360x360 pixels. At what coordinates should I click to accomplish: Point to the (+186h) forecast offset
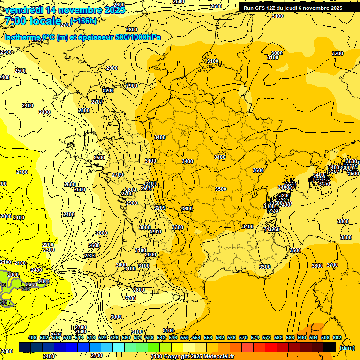(83, 21)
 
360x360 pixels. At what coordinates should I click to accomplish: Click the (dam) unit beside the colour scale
(346, 347)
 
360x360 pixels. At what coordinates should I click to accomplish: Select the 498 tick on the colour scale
(32, 337)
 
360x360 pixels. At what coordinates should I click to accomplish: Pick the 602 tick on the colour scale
(337, 337)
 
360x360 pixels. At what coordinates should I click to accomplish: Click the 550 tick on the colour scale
(185, 337)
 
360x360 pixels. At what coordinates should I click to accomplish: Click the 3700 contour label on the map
(332, 265)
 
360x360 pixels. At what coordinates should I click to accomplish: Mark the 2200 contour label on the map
(48, 245)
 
